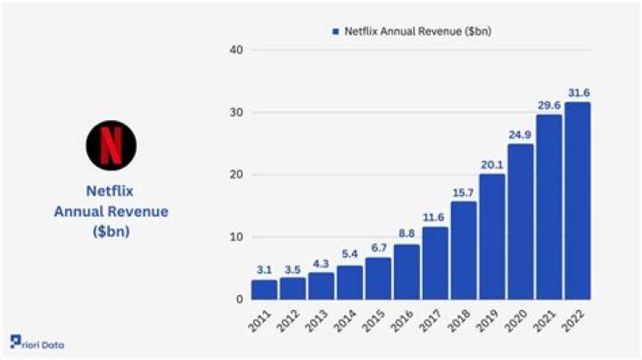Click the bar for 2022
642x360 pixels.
click(577, 200)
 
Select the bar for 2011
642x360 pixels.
click(264, 290)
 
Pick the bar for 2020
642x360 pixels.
click(520, 222)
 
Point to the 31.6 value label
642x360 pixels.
click(577, 92)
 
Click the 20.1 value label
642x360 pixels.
click(491, 164)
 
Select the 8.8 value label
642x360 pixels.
click(407, 234)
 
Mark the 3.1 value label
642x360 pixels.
click(264, 270)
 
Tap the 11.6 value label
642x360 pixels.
click(434, 217)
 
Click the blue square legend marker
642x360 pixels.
click(335, 31)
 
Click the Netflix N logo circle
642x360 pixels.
click(111, 145)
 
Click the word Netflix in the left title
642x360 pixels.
click(111, 190)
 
